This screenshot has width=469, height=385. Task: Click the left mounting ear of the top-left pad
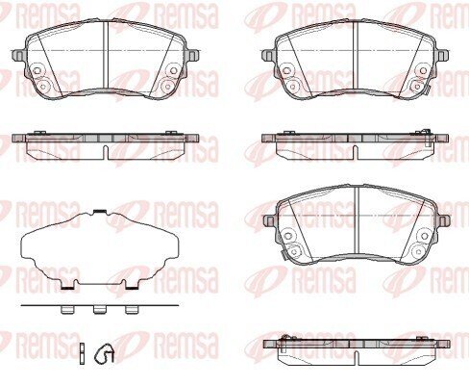(18, 55)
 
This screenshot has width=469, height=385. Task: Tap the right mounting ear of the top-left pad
(193, 55)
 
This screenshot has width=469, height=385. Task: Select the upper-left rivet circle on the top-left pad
(37, 70)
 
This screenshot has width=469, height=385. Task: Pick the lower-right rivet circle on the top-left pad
(167, 86)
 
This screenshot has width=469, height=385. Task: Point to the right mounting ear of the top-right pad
(442, 55)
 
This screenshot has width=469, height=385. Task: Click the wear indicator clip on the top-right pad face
(427, 89)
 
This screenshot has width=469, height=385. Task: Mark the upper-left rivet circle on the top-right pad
(287, 70)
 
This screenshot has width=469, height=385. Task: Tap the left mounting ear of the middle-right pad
(269, 220)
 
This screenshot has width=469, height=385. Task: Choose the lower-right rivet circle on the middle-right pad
(419, 251)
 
